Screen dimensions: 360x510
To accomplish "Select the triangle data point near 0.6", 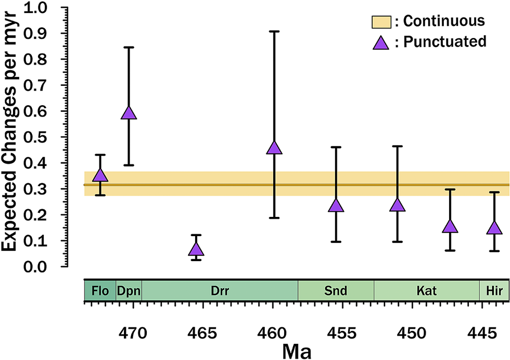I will click(x=129, y=113).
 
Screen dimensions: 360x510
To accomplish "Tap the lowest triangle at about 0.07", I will click(x=196, y=249).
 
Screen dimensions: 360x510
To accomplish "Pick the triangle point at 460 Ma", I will click(x=274, y=148).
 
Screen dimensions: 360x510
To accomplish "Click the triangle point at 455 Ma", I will click(x=336, y=205).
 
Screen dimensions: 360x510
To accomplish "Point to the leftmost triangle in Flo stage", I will click(x=100, y=175).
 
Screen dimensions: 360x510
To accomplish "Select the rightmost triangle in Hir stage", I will click(x=494, y=228).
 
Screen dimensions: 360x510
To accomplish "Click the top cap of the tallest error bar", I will click(x=274, y=31).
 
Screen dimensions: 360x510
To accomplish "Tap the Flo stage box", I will click(x=100, y=290).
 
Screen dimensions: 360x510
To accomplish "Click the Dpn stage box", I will click(x=129, y=290).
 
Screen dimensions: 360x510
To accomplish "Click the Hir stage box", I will click(x=493, y=290).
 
